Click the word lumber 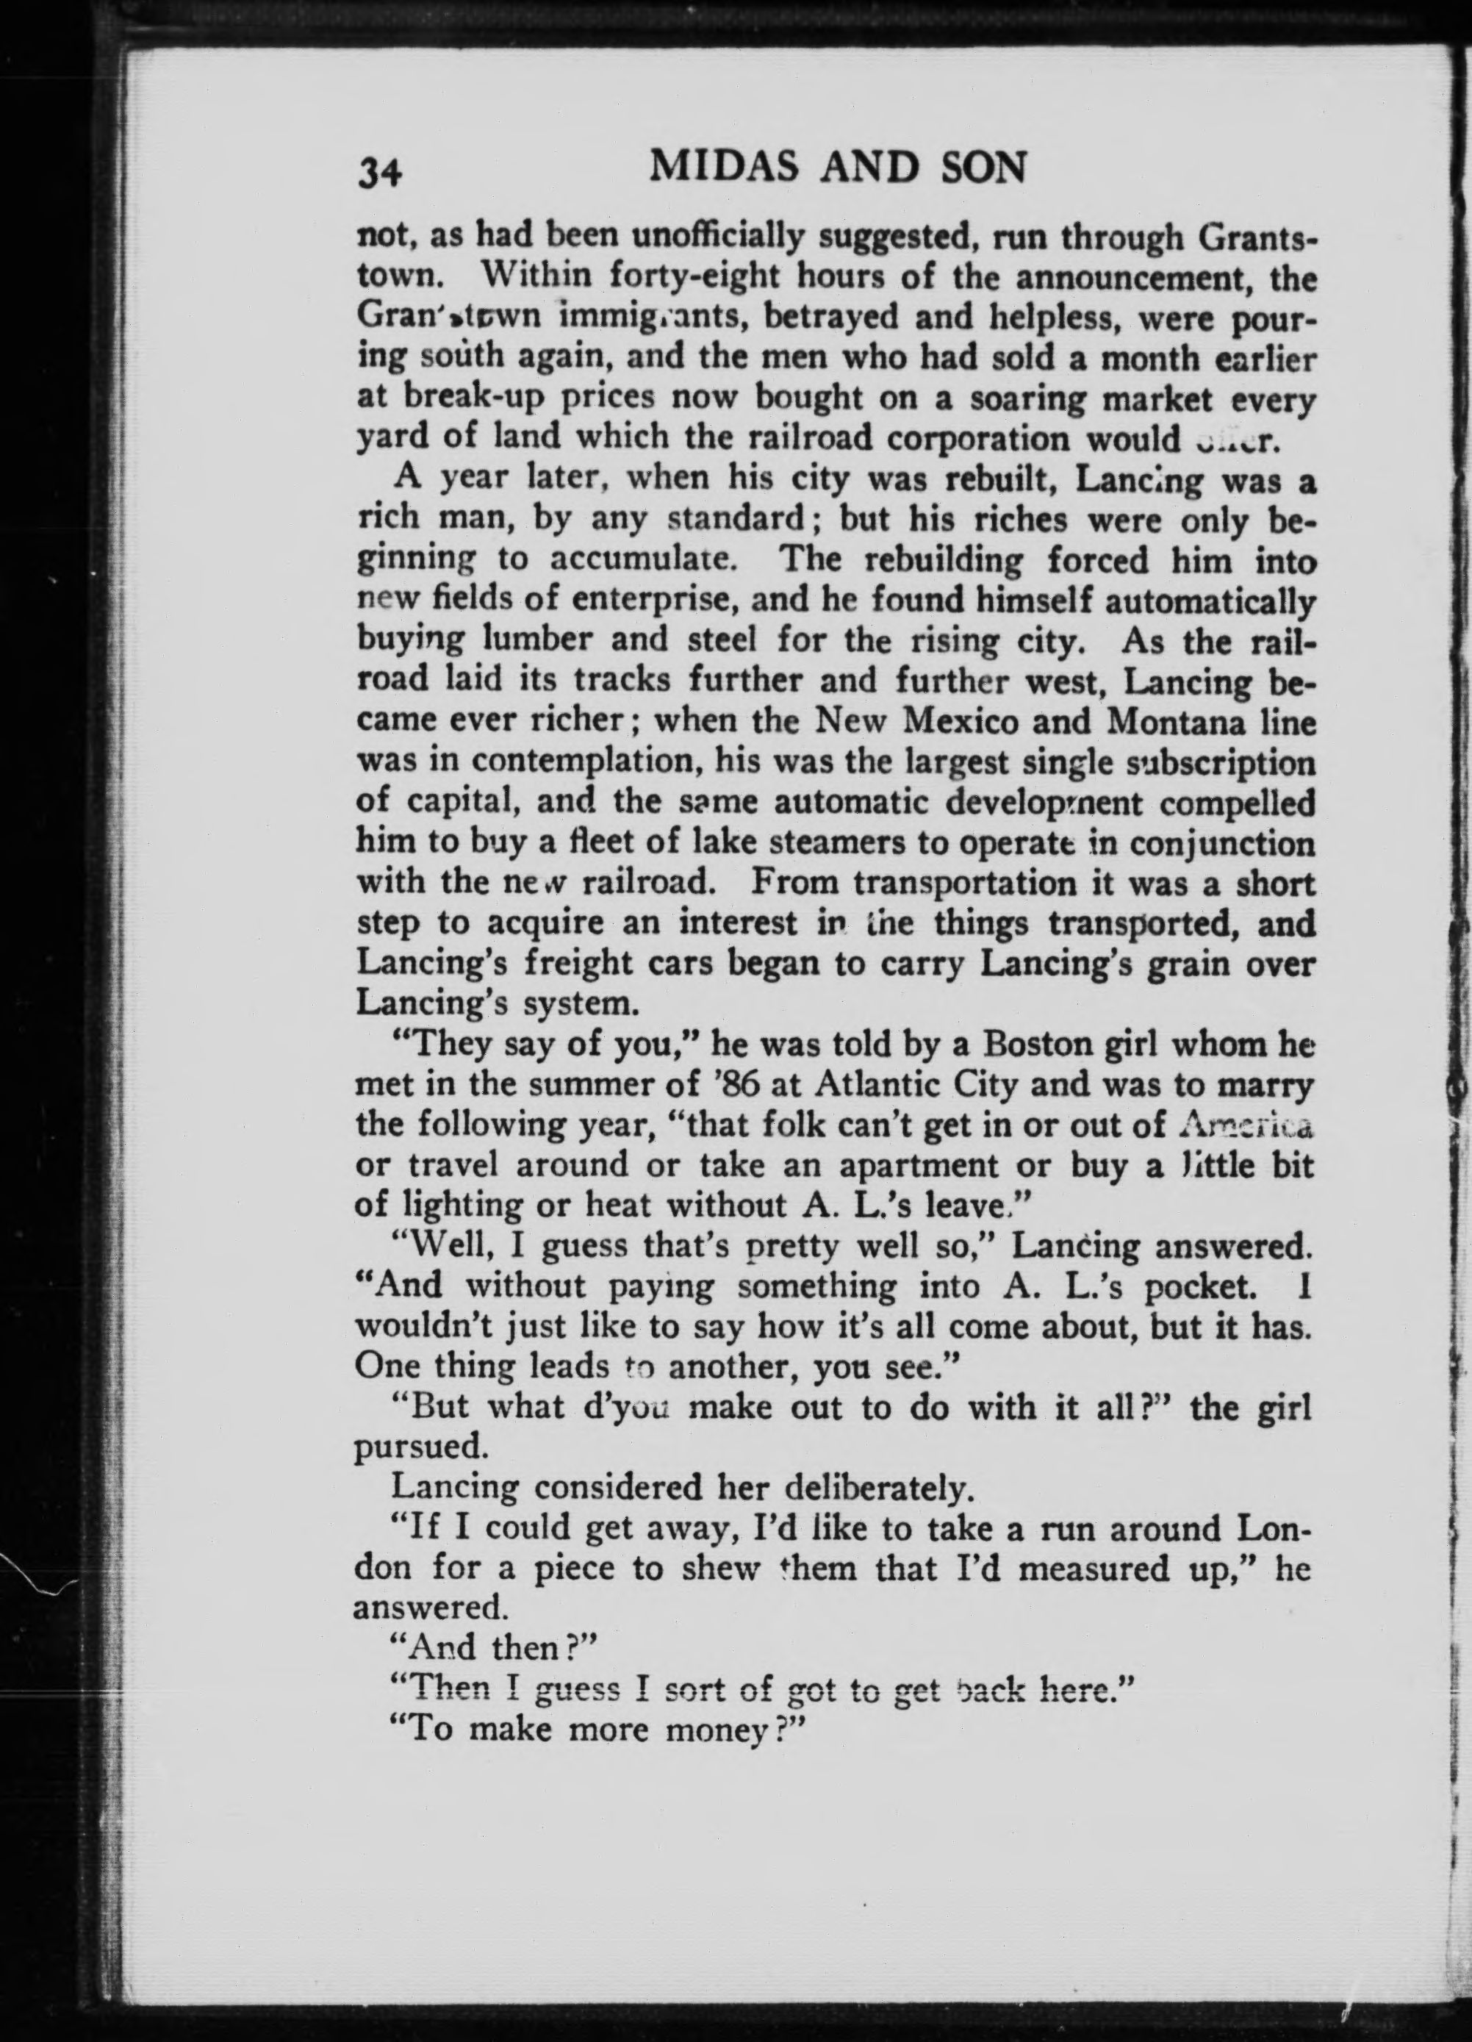(x=536, y=642)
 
